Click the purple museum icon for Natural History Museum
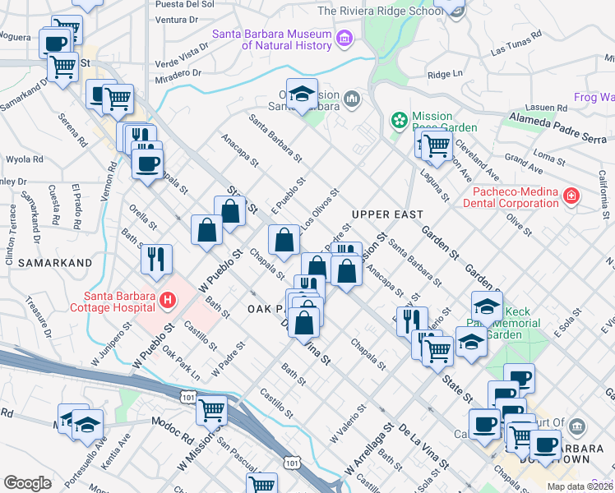[x=344, y=38]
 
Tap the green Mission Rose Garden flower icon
[x=400, y=121]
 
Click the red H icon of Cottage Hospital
[x=168, y=302]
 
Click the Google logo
[x=28, y=483]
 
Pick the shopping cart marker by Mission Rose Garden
[x=437, y=145]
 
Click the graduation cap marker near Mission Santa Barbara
[x=302, y=94]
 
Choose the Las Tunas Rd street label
[x=516, y=44]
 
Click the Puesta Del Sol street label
[x=184, y=4]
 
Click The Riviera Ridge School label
[x=377, y=11]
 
